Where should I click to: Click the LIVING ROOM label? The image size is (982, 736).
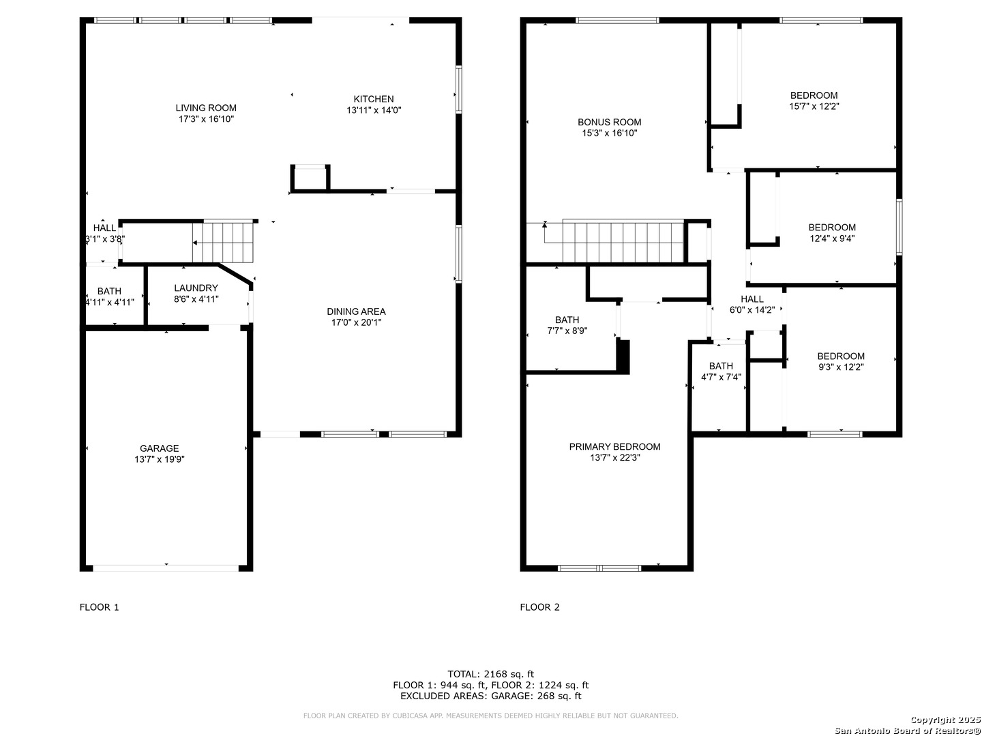click(x=206, y=108)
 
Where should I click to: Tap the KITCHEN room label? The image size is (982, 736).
click(x=374, y=99)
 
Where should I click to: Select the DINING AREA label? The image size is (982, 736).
click(x=356, y=311)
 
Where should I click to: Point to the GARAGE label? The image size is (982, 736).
click(x=160, y=448)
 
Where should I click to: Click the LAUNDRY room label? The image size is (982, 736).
click(x=196, y=288)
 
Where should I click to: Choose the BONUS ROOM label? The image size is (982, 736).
click(x=610, y=122)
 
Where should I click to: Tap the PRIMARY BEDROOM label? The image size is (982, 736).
click(x=614, y=446)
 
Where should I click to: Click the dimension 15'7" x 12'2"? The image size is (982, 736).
click(x=814, y=106)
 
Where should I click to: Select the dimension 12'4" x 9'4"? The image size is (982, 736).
click(x=832, y=239)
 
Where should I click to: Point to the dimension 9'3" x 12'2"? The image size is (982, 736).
click(x=841, y=367)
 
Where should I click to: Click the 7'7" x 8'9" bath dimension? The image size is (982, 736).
click(x=567, y=331)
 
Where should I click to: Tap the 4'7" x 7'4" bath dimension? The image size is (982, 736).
click(x=721, y=377)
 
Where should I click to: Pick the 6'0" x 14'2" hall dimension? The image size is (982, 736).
click(x=752, y=309)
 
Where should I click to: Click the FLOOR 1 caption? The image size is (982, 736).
click(x=100, y=607)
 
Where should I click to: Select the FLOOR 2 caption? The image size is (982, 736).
click(x=539, y=607)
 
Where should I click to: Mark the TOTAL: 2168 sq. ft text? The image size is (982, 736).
click(x=491, y=674)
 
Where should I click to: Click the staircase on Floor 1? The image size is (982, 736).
click(x=223, y=242)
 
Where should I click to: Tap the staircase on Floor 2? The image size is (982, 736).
click(x=623, y=242)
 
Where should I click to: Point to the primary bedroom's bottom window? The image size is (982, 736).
click(x=599, y=568)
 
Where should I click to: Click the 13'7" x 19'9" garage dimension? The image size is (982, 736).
click(x=160, y=459)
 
